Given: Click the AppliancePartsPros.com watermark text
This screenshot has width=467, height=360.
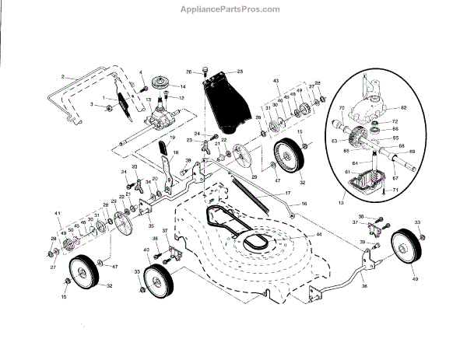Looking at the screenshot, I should [x=233, y=9].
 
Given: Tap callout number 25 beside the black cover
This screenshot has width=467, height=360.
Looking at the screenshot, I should [x=241, y=71].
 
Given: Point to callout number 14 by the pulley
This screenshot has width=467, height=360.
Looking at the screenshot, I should [x=183, y=86].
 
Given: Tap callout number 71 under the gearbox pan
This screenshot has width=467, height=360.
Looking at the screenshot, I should [x=395, y=190].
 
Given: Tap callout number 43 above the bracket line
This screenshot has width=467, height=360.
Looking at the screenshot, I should [x=275, y=82].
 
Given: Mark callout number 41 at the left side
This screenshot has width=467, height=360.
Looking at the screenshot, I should [x=57, y=213].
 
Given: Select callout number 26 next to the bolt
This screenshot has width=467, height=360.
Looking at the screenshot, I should [x=189, y=72].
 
